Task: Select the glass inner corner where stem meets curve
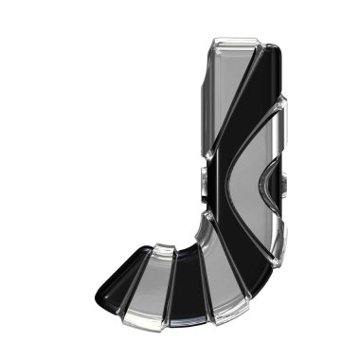pos(204,223)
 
